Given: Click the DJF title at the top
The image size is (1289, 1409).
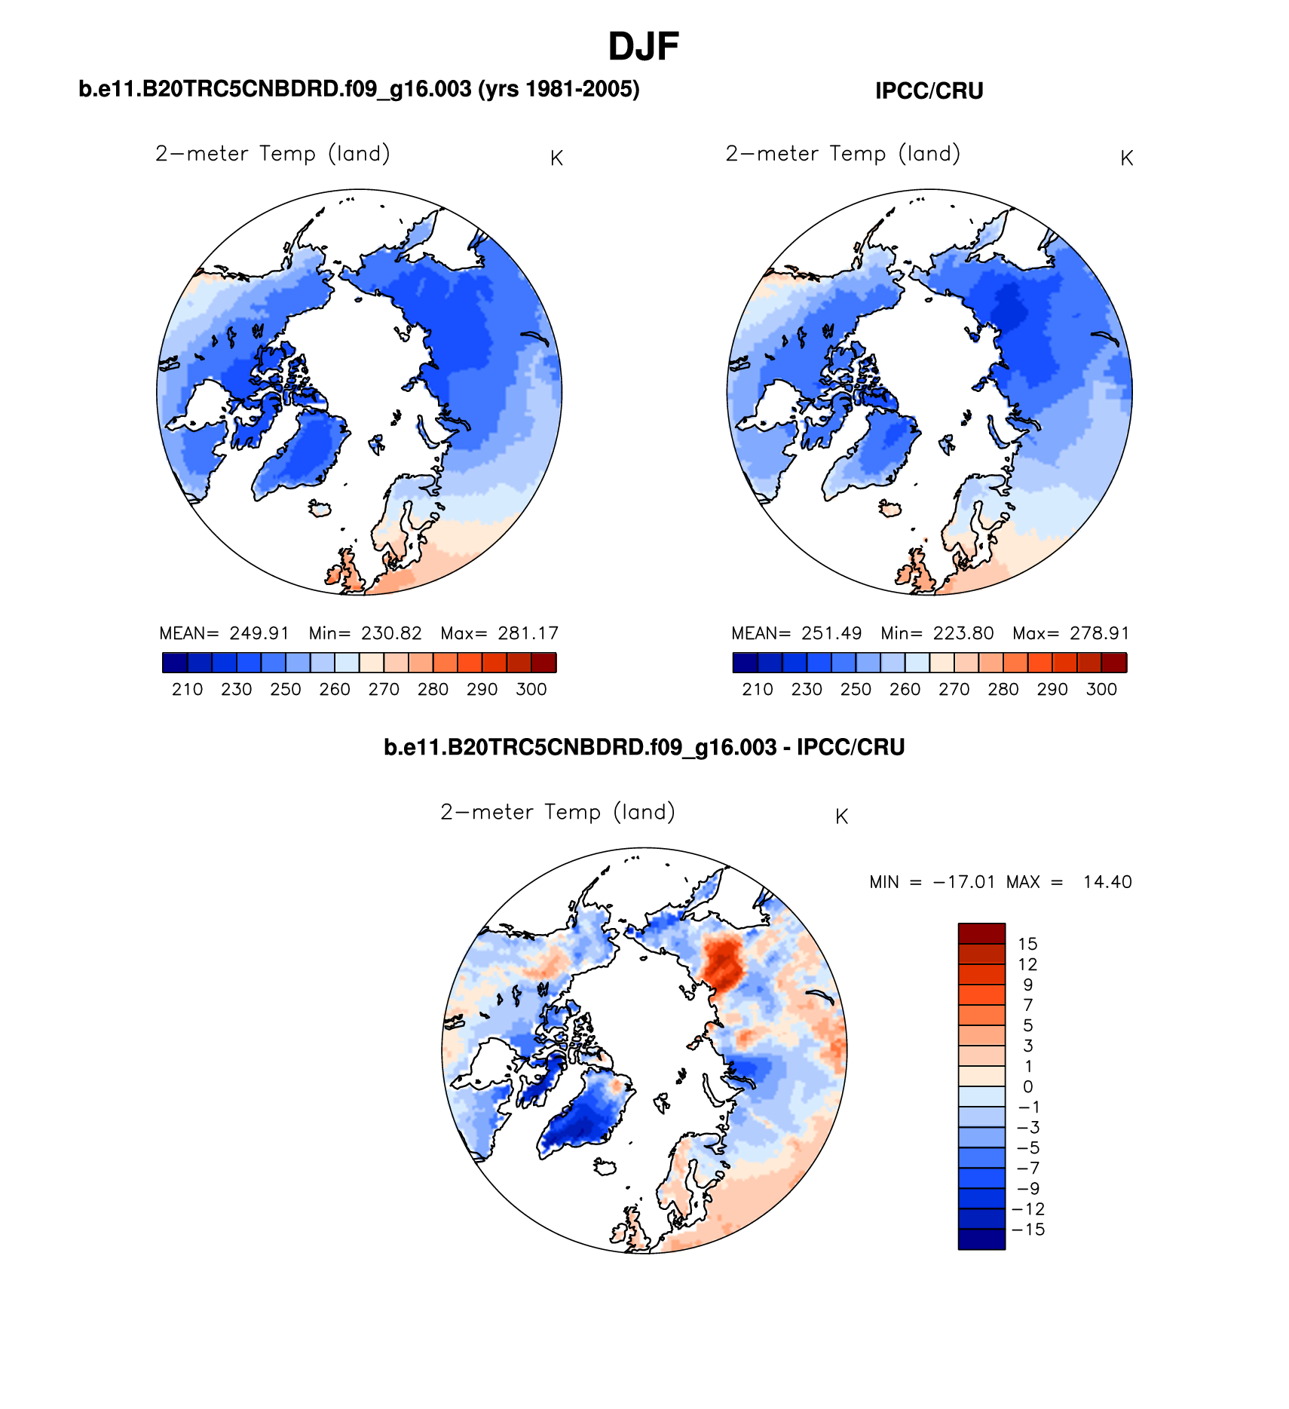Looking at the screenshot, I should tap(643, 47).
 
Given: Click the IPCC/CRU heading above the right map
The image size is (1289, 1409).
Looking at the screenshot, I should tap(929, 91).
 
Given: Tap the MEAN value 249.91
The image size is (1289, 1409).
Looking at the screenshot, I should tap(259, 633).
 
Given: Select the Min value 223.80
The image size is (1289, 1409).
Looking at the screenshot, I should tap(963, 633).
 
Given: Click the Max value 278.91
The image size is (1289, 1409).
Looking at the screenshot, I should tap(1099, 633).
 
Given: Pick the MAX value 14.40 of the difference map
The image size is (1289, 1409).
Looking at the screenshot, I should tap(1107, 882).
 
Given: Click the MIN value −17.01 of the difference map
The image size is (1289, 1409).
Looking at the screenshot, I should tap(963, 882).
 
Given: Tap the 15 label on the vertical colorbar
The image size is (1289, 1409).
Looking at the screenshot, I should tap(1027, 944).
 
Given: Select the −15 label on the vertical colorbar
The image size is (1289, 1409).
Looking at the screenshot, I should tap(1028, 1230).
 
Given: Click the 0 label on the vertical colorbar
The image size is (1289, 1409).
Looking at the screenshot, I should tap(1027, 1087).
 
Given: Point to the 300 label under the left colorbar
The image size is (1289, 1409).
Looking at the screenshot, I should tap(531, 689).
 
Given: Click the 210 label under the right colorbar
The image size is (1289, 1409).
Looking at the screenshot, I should tap(758, 689).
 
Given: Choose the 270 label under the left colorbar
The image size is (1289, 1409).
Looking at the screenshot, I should tap(384, 689).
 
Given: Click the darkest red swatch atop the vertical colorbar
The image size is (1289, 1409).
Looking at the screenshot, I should tap(981, 933).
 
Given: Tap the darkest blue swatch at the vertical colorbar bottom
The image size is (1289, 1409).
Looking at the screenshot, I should tap(981, 1239).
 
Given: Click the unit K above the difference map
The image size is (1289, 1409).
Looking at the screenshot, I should tap(842, 816).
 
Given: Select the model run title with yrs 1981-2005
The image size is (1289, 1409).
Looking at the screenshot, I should tap(359, 89).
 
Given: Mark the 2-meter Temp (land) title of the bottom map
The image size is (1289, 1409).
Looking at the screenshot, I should tap(558, 812).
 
